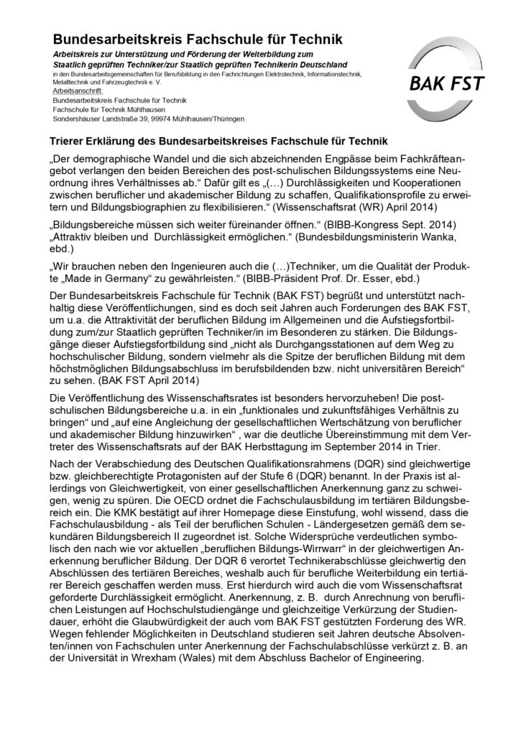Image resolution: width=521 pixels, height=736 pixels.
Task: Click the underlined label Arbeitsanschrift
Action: (77, 92)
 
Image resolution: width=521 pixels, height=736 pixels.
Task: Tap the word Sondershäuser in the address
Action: (77, 117)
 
